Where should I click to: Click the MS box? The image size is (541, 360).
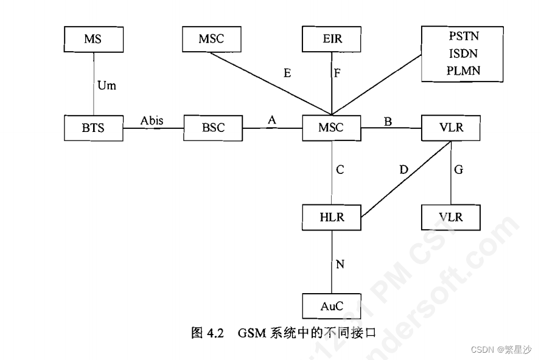coord(93,40)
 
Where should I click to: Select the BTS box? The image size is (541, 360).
coord(93,128)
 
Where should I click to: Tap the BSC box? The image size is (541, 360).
coord(212,128)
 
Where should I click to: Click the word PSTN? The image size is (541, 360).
coord(463,38)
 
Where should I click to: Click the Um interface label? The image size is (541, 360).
coord(106,86)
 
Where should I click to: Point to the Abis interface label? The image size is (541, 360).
coord(152,121)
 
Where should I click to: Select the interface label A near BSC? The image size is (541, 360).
coord(271,121)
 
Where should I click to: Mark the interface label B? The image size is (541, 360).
coord(388,121)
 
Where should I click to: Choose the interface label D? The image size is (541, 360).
coord(403,170)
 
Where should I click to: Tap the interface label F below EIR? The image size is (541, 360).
coord(337,74)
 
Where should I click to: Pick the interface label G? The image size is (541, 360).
coord(458,170)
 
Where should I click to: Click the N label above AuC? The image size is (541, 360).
coord(340,264)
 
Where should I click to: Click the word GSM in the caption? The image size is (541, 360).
coord(249,333)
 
